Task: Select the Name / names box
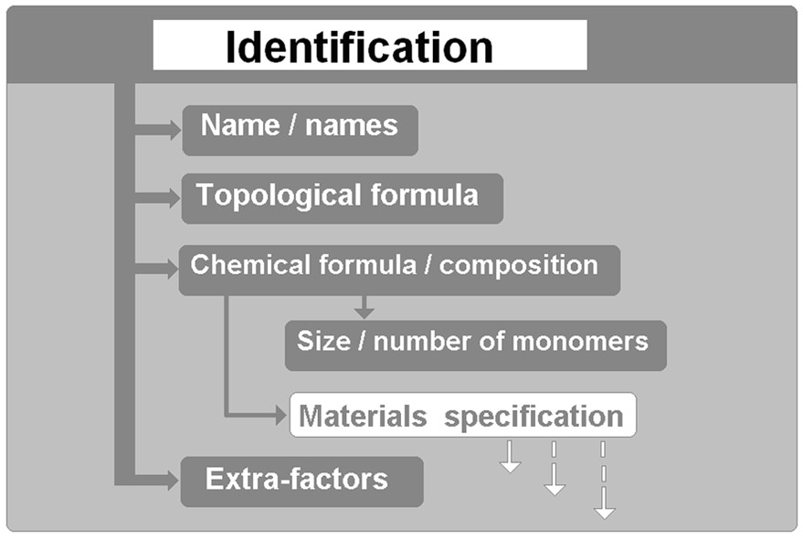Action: [x=300, y=128]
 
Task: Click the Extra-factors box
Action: [x=301, y=481]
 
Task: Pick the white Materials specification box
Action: [x=462, y=417]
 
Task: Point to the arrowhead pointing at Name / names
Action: [x=173, y=131]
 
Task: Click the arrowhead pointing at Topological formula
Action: [x=173, y=197]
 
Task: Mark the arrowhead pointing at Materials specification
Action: [x=280, y=416]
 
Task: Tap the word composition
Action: [x=518, y=266]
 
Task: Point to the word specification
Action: [x=534, y=418]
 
